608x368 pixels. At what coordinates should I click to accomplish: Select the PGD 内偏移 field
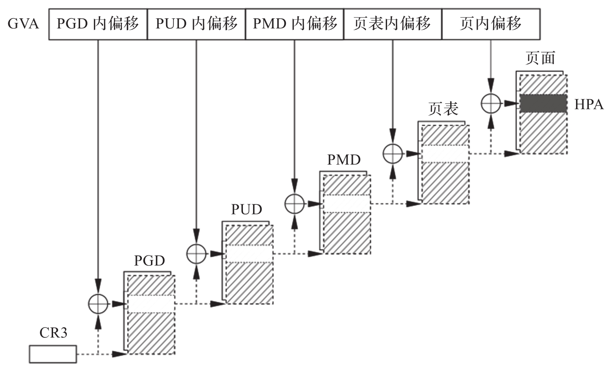(x=97, y=23)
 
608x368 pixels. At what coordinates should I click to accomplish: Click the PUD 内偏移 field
(x=196, y=23)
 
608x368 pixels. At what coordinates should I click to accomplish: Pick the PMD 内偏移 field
(x=294, y=23)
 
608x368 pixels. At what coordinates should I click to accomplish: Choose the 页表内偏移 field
(x=392, y=23)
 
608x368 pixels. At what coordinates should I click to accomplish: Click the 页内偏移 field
(x=490, y=23)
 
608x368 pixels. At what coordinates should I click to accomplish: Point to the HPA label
(x=589, y=105)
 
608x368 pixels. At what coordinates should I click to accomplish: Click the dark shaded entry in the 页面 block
(x=543, y=103)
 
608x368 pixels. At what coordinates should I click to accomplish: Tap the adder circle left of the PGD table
(x=98, y=303)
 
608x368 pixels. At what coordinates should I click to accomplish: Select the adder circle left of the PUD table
(x=196, y=253)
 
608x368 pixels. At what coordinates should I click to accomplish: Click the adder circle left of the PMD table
(x=294, y=203)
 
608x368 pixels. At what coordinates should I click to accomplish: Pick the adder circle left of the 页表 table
(x=393, y=153)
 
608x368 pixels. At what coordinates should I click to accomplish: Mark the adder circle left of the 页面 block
(x=491, y=103)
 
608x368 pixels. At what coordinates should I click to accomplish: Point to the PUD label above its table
(x=247, y=210)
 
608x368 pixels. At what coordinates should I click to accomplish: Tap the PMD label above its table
(x=344, y=160)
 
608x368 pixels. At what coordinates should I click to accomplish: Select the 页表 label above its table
(x=443, y=110)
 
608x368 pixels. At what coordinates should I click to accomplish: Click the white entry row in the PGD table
(x=151, y=304)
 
